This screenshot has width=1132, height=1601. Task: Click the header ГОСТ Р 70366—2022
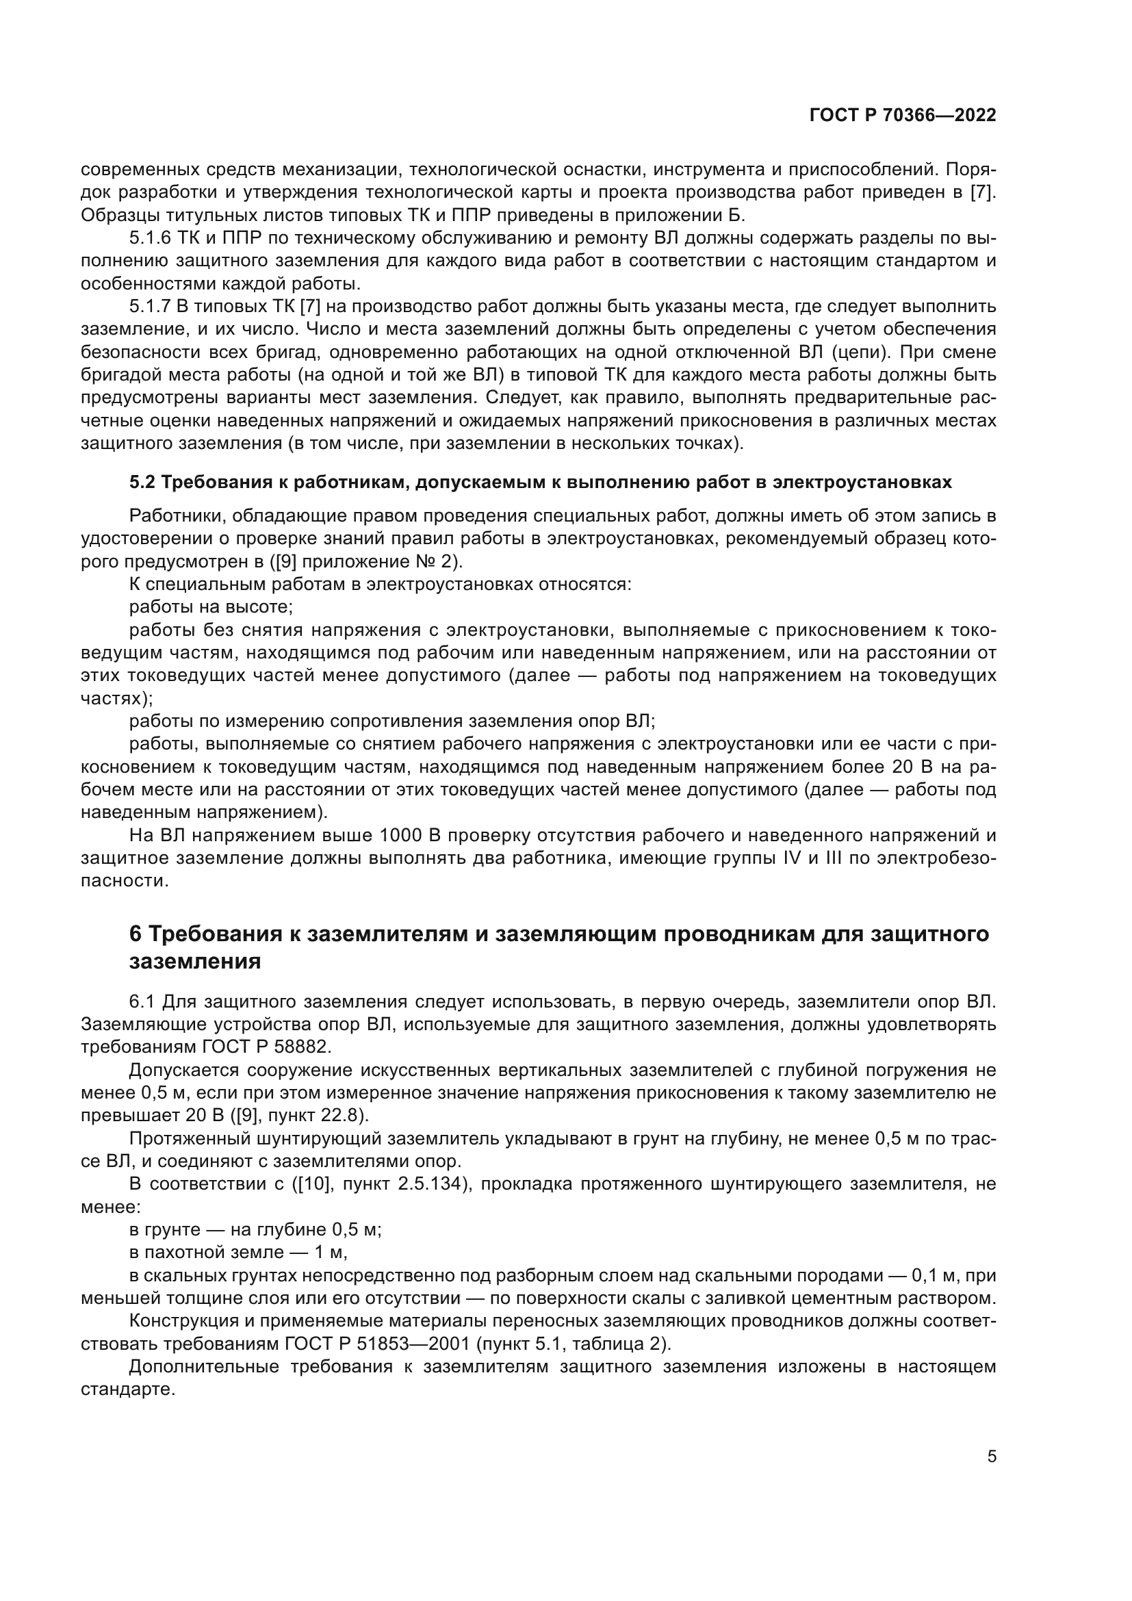pyautogui.click(x=903, y=116)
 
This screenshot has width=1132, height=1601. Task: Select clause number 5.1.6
pyautogui.click(x=149, y=238)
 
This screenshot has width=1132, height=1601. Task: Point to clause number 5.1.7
pyautogui.click(x=149, y=307)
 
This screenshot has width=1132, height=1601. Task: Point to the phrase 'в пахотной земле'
pyautogui.click(x=206, y=1253)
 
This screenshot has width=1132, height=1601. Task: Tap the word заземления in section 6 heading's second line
pyautogui.click(x=194, y=962)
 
